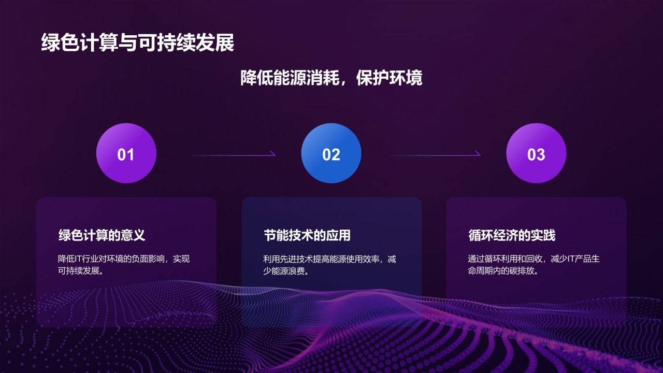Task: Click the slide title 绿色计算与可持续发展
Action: (137, 43)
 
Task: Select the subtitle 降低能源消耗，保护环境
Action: (331, 78)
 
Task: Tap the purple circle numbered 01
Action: (126, 153)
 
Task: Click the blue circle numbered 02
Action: (331, 153)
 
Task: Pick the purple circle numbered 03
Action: (536, 153)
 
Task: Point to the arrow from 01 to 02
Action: (230, 154)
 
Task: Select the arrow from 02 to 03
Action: (435, 154)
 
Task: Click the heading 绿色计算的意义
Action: (102, 235)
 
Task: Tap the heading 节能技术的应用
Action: (307, 235)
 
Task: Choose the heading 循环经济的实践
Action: (512, 235)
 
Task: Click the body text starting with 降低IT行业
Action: (124, 264)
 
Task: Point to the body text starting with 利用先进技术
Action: (329, 264)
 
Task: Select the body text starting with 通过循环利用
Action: (534, 264)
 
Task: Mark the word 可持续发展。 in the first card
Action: (80, 271)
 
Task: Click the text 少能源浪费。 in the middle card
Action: (286, 271)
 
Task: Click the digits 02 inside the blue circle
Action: (331, 154)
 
